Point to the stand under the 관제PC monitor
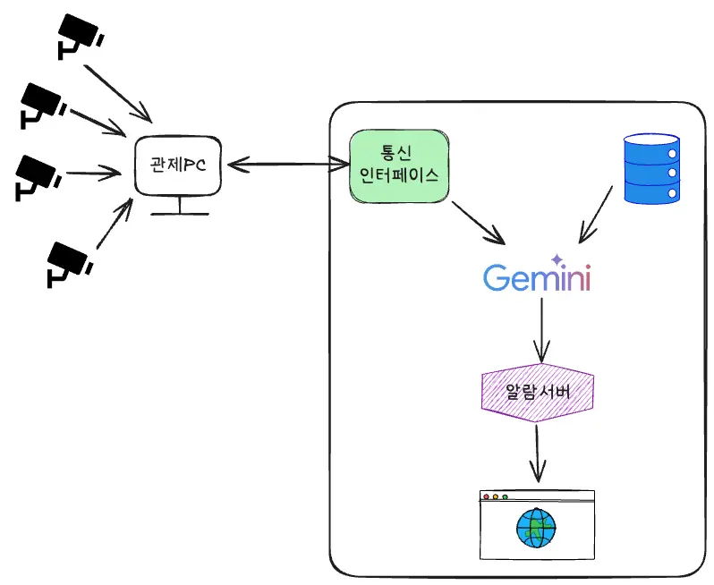pos(179,208)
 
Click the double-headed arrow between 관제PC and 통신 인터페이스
pos(288,165)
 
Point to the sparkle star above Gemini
pos(557,259)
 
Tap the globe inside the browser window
pos(536,528)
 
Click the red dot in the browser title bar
pos(487,496)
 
